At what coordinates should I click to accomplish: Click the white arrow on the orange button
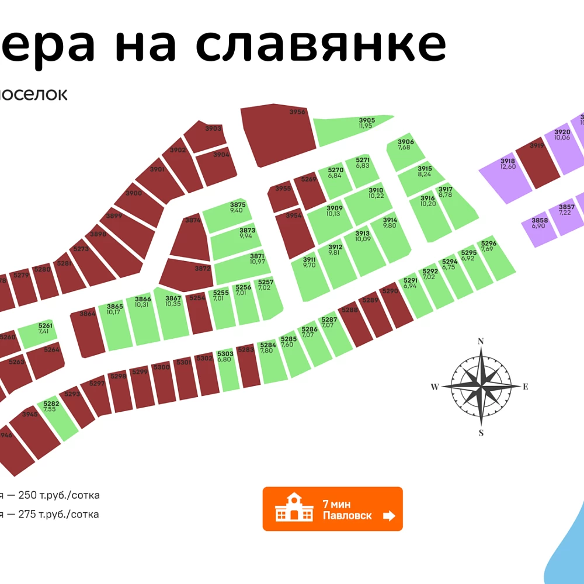[x=388, y=516]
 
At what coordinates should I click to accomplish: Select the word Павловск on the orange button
[x=347, y=516]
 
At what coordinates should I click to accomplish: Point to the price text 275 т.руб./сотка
[x=58, y=515]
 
